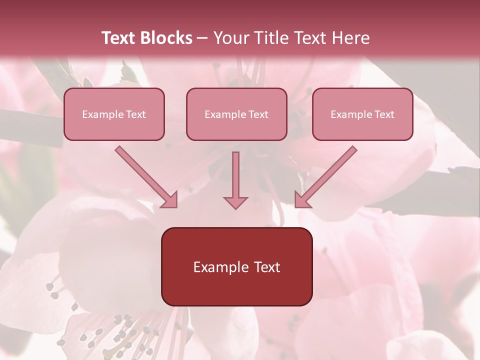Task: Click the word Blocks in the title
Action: [x=166, y=38]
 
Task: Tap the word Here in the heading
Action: [x=350, y=38]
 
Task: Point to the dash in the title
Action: [x=202, y=38]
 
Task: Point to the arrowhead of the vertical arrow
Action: [x=235, y=202]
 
